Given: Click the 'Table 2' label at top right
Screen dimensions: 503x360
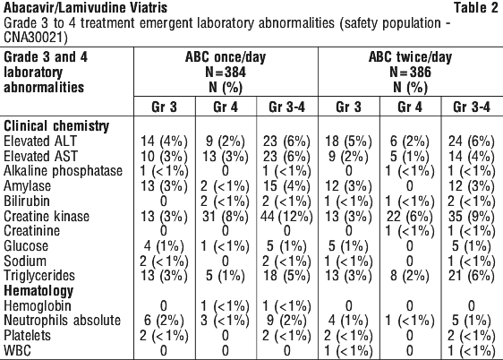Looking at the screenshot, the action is tap(475, 8).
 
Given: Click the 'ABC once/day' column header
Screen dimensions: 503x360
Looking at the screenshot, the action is tap(226, 57).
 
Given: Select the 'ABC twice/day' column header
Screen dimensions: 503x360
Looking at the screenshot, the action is tap(410, 57).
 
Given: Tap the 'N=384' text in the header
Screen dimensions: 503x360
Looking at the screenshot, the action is tap(226, 72).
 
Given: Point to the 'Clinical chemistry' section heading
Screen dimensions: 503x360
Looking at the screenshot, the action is tap(56, 125).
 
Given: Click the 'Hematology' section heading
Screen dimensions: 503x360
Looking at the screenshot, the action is tap(38, 291).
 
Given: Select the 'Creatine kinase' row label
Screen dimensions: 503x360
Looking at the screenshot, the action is tap(47, 216).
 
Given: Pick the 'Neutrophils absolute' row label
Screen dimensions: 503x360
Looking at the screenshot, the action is tap(63, 321).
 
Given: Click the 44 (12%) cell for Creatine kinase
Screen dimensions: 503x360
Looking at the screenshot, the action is tap(286, 217).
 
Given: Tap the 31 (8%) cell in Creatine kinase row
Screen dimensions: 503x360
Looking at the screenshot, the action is tap(226, 217).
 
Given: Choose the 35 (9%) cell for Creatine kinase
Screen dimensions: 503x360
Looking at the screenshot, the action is tap(472, 217).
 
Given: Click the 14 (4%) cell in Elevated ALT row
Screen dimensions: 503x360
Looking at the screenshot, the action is tap(164, 141).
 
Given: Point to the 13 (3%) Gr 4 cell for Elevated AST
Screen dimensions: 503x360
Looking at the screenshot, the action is tap(226, 157).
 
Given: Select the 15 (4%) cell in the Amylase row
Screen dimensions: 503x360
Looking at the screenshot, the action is tap(286, 186).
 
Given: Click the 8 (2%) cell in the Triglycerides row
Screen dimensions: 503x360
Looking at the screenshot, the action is tap(410, 276).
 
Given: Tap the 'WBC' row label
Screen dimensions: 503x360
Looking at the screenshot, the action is tap(17, 350).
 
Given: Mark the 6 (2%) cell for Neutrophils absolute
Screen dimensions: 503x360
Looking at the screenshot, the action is tap(164, 321).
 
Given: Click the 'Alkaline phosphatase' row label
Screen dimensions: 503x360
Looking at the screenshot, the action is tap(64, 171).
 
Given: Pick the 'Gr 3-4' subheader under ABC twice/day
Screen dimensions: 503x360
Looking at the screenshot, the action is tap(472, 107).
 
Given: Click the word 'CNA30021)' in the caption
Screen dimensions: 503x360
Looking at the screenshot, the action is tap(36, 38).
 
